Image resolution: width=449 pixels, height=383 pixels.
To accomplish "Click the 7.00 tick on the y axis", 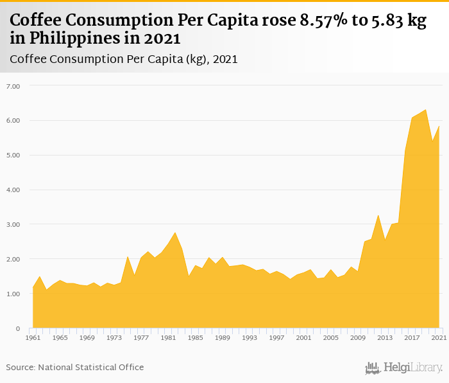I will [13, 86].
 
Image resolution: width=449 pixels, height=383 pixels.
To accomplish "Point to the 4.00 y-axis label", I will [13, 190].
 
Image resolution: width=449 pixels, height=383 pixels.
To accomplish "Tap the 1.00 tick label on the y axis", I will [13, 294].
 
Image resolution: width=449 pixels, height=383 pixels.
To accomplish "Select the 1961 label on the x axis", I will [33, 337].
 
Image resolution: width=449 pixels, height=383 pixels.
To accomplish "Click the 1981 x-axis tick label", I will [168, 337].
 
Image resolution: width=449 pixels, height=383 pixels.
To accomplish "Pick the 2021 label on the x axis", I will [439, 337].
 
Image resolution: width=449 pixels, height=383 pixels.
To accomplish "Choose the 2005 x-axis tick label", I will [330, 337].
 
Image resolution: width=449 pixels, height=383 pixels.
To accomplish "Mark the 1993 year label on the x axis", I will [250, 337].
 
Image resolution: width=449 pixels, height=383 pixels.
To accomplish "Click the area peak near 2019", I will [425, 110].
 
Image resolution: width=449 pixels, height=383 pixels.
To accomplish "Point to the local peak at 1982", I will [175, 233].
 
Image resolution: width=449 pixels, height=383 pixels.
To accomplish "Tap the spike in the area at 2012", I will [378, 215].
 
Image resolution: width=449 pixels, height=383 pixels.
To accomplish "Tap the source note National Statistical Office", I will [90, 368].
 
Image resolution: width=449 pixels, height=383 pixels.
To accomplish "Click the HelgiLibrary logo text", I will [412, 368].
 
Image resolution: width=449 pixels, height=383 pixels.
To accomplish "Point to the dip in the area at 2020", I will [432, 143].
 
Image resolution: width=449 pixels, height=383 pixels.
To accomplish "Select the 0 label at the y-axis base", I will [18, 329].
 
